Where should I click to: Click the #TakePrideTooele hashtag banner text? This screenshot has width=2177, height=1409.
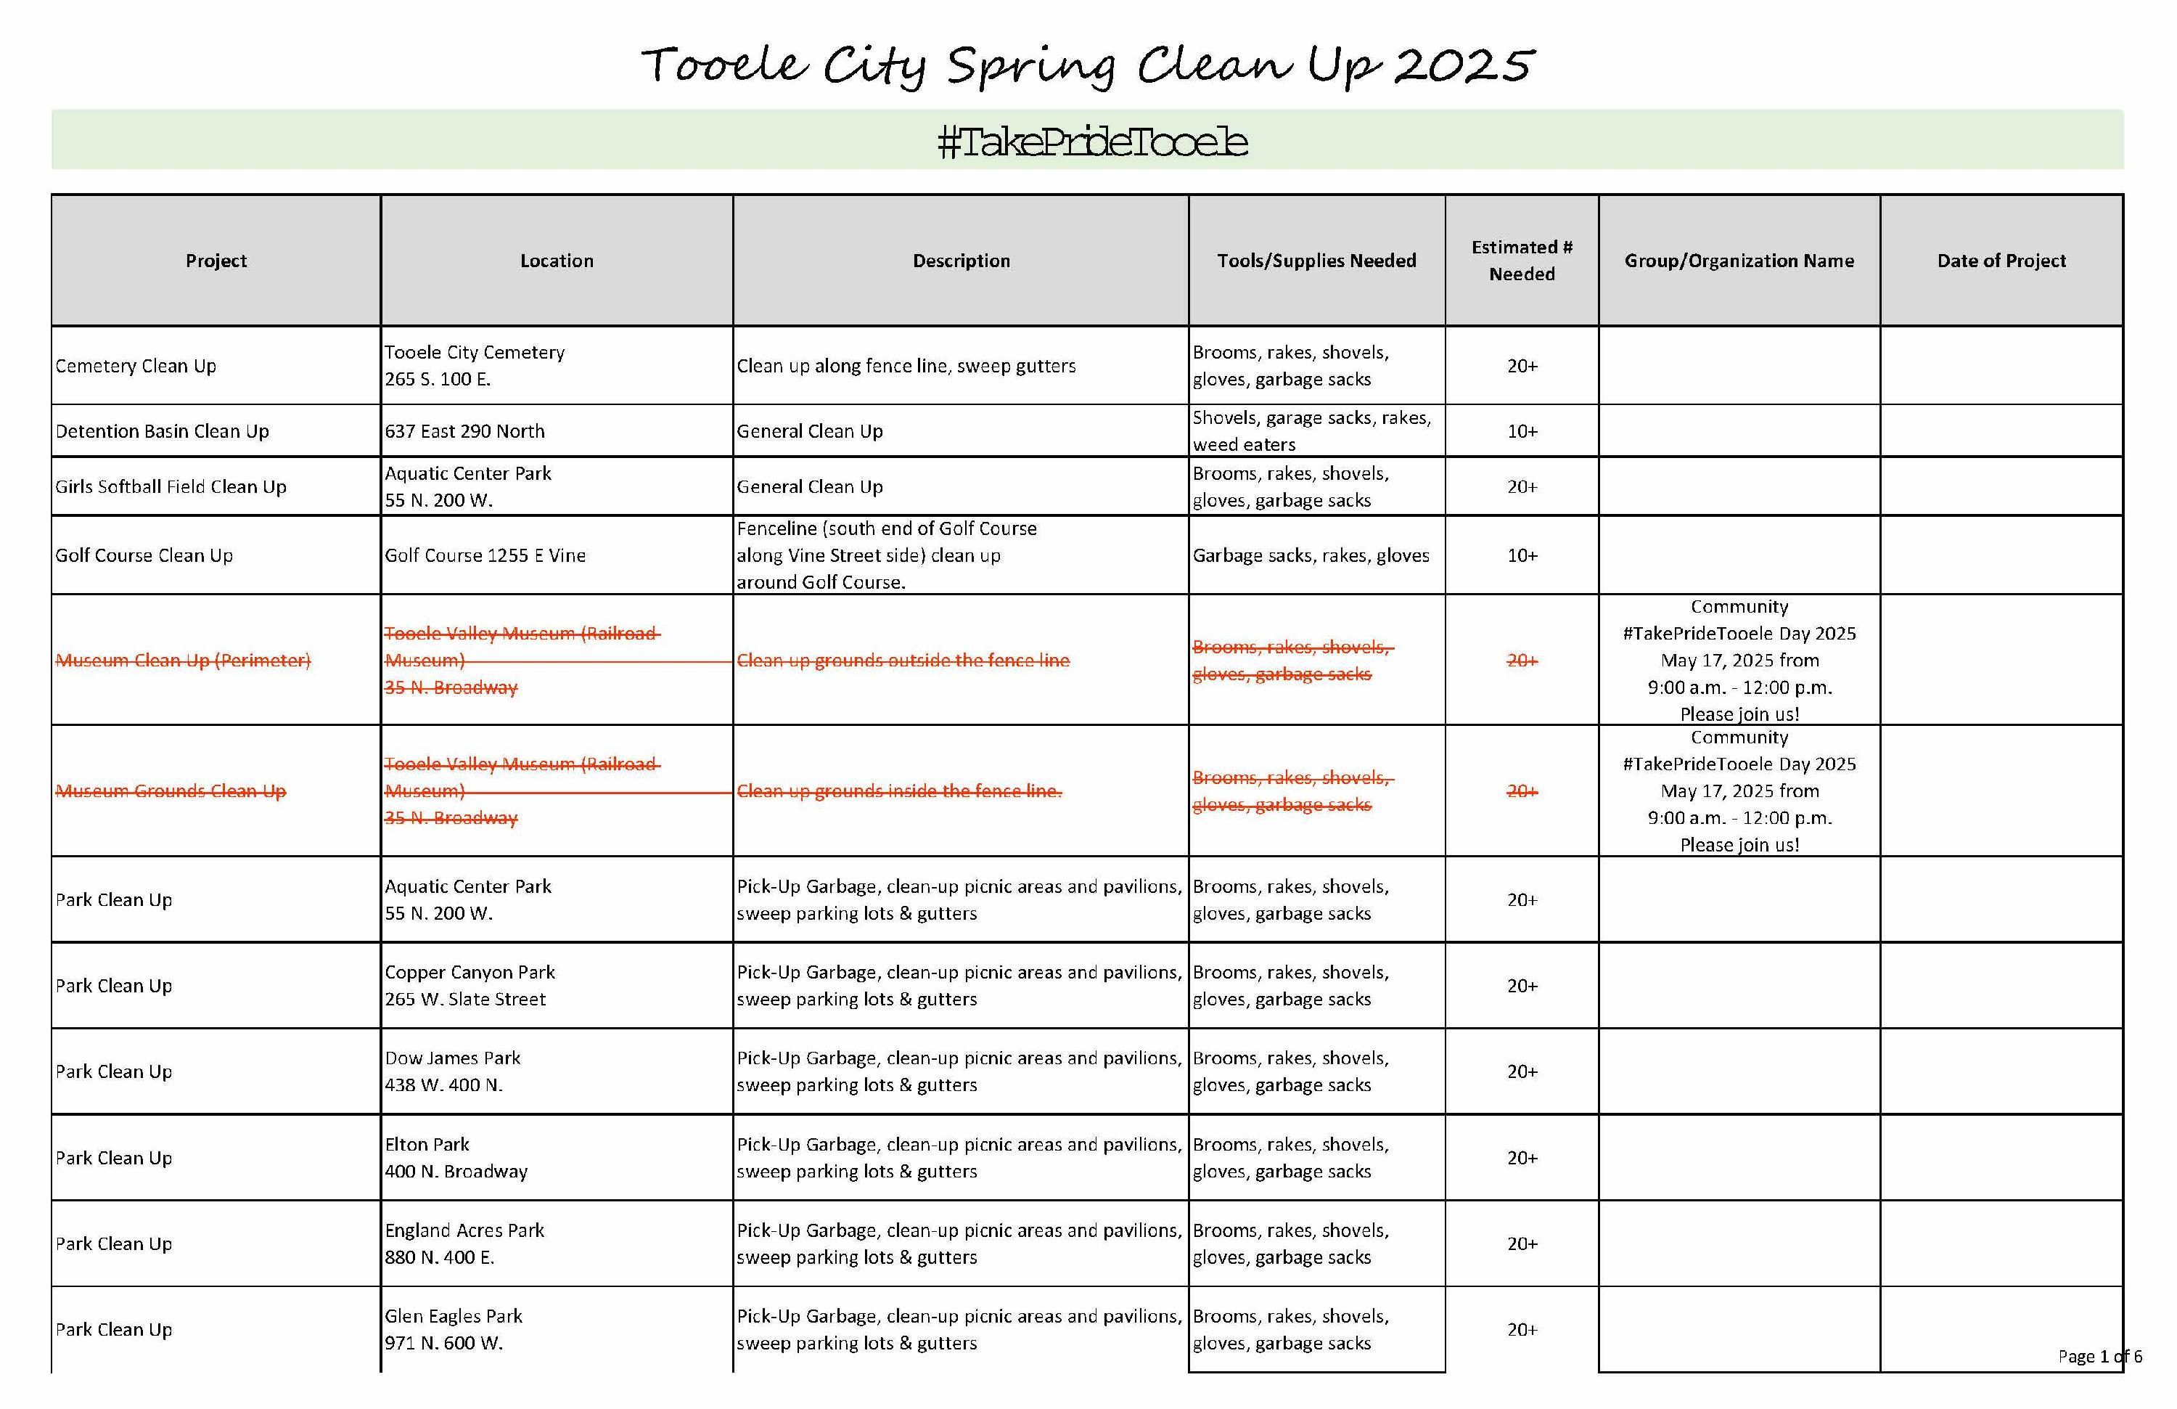(1092, 142)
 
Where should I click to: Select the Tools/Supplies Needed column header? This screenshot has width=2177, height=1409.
(1316, 261)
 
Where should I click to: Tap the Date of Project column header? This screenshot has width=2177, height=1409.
(2001, 261)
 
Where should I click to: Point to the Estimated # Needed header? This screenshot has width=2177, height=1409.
(1521, 261)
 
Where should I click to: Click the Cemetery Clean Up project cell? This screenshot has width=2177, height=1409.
(136, 366)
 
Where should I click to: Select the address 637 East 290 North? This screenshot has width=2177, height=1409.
(464, 431)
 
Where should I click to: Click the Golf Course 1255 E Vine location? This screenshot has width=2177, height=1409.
(485, 555)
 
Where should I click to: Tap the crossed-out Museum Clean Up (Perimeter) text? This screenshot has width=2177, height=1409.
(183, 661)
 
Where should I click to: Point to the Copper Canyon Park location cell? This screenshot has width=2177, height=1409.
(470, 985)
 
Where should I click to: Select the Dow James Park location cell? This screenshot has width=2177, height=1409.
(452, 1071)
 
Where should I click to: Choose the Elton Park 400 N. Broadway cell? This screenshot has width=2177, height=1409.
(456, 1157)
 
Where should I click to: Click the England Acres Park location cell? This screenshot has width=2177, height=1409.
(464, 1243)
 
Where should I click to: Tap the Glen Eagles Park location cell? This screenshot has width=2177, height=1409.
(453, 1329)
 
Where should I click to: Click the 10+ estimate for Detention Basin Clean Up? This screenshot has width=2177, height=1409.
(1522, 431)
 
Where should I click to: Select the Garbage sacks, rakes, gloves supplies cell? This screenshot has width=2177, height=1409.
(1310, 555)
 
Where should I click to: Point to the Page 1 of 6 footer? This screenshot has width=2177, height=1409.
(2099, 1356)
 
